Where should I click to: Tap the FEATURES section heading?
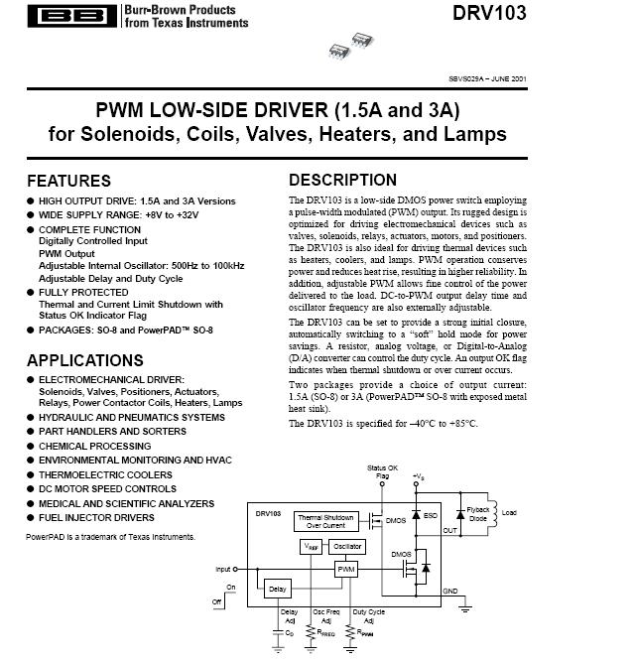(x=68, y=181)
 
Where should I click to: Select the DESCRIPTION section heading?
(x=342, y=180)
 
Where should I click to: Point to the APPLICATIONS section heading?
(x=84, y=360)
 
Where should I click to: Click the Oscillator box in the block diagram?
(x=347, y=546)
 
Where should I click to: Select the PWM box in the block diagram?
(x=346, y=569)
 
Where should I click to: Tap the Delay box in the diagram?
(x=277, y=590)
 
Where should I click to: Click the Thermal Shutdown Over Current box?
(x=325, y=521)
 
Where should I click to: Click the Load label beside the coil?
(x=509, y=513)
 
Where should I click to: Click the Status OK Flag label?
(x=382, y=471)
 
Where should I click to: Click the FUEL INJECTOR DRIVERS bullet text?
(x=97, y=517)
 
